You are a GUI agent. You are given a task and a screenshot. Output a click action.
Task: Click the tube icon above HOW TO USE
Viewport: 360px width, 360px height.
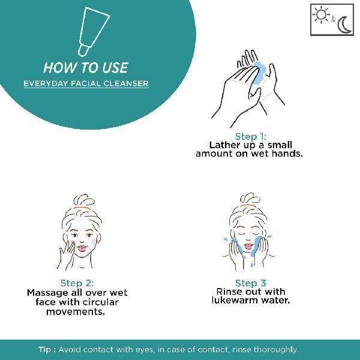pos(94,31)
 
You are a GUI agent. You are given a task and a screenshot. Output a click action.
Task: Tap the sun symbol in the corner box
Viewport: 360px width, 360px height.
pos(321,14)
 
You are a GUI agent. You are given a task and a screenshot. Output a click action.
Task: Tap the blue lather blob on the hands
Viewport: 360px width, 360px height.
pos(259,73)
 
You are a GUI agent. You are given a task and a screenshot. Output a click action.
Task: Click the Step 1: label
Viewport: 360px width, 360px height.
pos(251,137)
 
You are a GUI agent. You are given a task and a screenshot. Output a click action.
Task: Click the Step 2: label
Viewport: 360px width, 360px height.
pos(77,283)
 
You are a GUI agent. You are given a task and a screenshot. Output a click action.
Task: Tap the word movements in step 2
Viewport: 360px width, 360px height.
pos(76,312)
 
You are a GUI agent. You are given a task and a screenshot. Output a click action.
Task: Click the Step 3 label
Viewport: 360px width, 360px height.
pos(251,283)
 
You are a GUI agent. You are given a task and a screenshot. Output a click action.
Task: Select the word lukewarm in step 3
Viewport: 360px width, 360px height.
pos(238,301)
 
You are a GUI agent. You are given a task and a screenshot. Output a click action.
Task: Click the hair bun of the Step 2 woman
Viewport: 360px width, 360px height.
pos(84,200)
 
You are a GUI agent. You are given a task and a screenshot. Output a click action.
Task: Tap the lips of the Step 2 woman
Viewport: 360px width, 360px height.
pos(82,248)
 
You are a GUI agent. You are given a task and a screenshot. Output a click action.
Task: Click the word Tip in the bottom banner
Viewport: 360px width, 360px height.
pos(45,350)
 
